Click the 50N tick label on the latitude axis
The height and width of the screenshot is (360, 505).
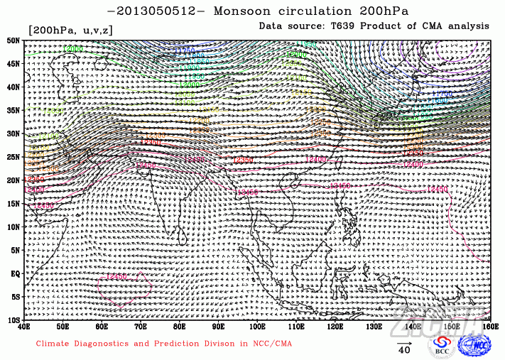click(x=13, y=40)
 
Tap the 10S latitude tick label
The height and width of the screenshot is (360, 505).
click(x=13, y=320)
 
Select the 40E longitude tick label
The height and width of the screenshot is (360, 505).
click(x=25, y=327)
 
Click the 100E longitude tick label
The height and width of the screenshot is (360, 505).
click(x=257, y=327)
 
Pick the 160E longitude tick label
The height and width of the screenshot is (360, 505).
click(x=489, y=327)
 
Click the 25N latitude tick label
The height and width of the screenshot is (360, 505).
click(x=13, y=157)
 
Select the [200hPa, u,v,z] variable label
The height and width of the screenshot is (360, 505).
click(x=70, y=30)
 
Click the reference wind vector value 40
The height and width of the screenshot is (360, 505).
click(x=404, y=350)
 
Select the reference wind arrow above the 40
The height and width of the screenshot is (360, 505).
click(x=404, y=340)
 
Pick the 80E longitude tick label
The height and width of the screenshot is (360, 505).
click(x=180, y=327)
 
